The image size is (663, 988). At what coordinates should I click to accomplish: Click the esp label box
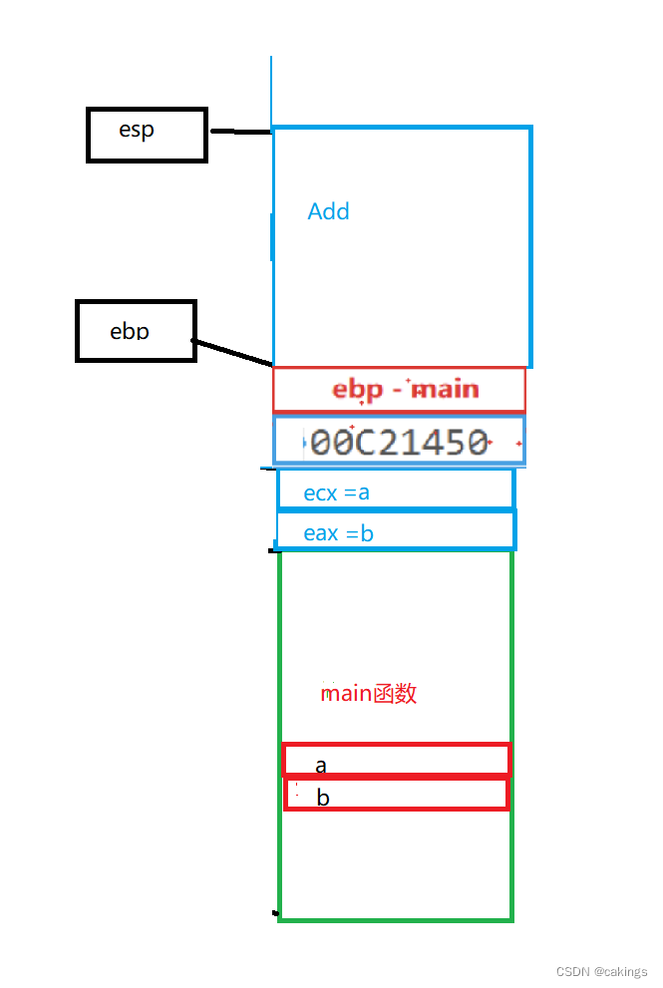[147, 135]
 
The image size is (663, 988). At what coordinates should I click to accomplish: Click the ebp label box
[136, 330]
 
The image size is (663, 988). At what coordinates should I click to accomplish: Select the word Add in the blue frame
[328, 211]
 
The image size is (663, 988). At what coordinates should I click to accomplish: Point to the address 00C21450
[399, 442]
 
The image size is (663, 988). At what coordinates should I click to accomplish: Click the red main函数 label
[368, 693]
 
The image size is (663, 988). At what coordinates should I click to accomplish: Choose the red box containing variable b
[396, 795]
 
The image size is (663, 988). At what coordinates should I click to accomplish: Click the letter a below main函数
[321, 766]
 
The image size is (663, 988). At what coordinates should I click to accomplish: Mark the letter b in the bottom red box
[322, 798]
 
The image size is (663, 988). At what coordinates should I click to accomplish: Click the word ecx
[321, 493]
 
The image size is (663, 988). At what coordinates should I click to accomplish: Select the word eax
[321, 533]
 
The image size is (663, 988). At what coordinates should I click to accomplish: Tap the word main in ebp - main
[446, 389]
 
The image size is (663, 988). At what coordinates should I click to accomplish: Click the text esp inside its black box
[137, 130]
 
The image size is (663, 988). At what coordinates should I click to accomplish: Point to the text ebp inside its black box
[130, 330]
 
